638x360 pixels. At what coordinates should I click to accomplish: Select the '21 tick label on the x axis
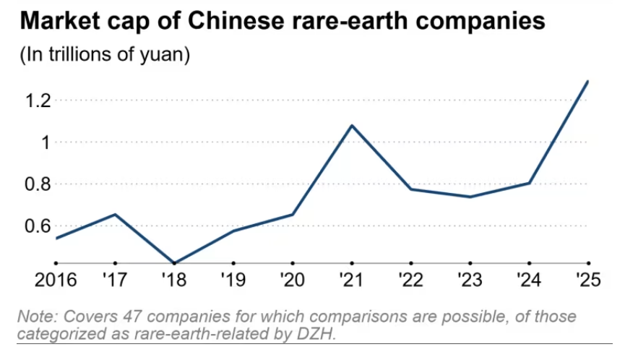point(352,279)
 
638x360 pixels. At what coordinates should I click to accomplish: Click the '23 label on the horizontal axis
point(470,279)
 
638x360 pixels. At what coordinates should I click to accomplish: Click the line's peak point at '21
point(352,125)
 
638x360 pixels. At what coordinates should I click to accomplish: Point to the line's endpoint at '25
point(587,81)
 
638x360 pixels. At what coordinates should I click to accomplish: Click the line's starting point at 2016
point(56,238)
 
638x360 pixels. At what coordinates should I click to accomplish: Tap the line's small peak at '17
point(116,214)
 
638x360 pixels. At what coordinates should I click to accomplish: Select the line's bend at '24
point(530,183)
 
